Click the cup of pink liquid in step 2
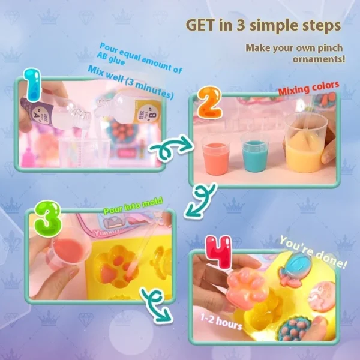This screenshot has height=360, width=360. point(215,154)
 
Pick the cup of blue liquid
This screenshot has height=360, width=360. point(254,152)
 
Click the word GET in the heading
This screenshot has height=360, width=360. point(203,25)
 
